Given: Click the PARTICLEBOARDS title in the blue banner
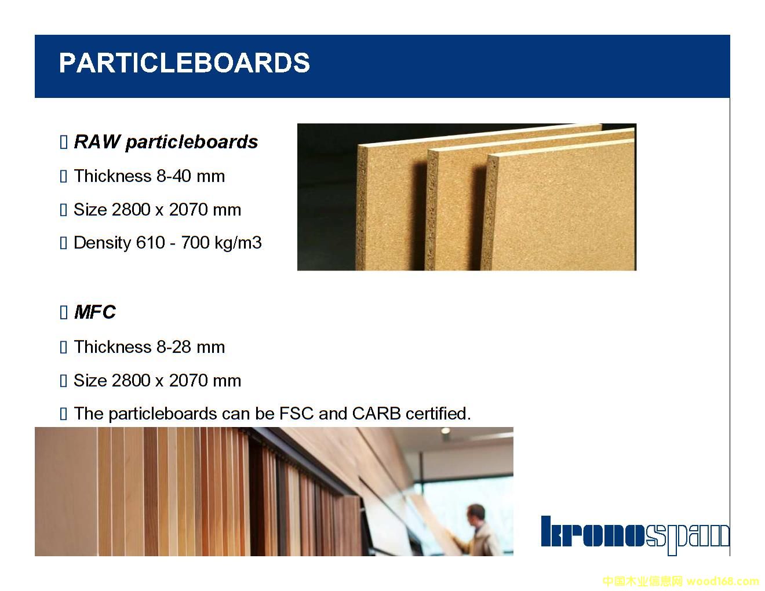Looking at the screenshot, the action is (184, 63).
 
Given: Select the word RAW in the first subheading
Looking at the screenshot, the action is (97, 142).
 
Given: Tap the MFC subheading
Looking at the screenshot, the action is (95, 312).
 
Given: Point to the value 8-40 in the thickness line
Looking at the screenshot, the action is (174, 176).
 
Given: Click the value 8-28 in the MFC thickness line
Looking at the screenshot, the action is (174, 347).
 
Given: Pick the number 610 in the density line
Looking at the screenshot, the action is (150, 243).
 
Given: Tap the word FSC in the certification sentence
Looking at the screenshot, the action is (296, 414).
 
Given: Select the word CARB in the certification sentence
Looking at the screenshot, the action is (376, 414).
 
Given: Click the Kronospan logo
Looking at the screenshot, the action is (635, 535).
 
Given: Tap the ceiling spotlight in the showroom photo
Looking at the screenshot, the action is (445, 431).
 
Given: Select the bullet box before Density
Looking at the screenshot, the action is (63, 243).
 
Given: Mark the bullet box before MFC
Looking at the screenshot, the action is (63, 312).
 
